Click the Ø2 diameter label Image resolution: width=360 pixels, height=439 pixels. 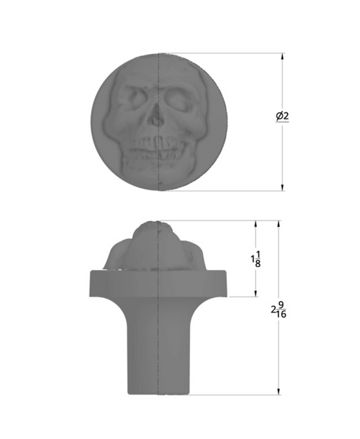pos(282,117)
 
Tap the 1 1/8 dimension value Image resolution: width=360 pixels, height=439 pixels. pos(256,258)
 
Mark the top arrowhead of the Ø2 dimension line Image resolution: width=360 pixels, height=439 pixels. pos(282,56)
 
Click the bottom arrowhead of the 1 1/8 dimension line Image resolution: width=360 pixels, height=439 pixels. pos(256,293)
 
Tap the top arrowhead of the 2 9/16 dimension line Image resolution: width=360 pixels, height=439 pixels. pos(278,224)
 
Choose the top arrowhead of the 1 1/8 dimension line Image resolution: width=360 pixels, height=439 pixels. pos(256,224)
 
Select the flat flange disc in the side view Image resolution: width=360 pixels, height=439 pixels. pos(158,284)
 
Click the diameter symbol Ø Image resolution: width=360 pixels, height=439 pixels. pos(279,117)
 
